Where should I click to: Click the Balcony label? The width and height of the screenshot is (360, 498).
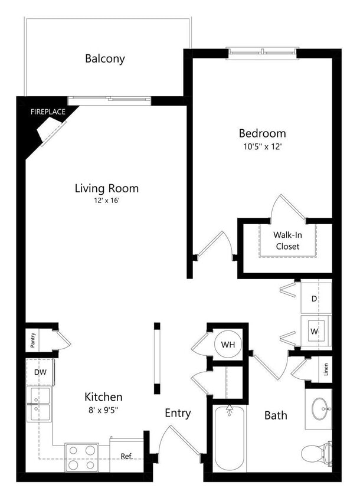pyautogui.click(x=105, y=58)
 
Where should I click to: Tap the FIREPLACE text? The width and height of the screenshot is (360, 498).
pyautogui.click(x=48, y=111)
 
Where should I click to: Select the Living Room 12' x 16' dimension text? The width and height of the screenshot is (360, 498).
pyautogui.click(x=106, y=201)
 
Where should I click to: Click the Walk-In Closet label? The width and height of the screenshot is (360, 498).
pyautogui.click(x=287, y=240)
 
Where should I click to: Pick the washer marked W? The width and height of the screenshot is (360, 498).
pyautogui.click(x=315, y=332)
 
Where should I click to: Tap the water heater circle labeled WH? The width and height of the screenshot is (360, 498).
pyautogui.click(x=228, y=344)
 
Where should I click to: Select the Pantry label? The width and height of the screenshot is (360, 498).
pyautogui.click(x=34, y=341)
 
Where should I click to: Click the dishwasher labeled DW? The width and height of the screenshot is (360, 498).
pyautogui.click(x=40, y=372)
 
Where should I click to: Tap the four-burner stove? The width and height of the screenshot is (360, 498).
pyautogui.click(x=81, y=457)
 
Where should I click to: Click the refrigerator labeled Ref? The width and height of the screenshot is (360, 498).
pyautogui.click(x=126, y=456)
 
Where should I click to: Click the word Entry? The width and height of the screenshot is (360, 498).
pyautogui.click(x=178, y=413)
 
